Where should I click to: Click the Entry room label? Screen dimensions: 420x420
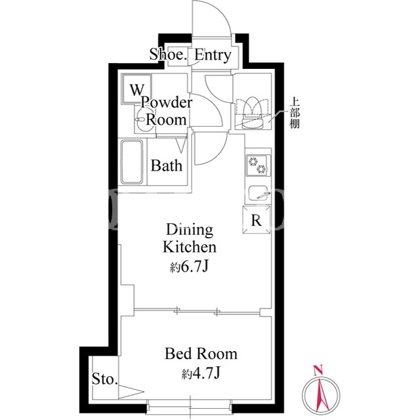pyautogui.click(x=213, y=55)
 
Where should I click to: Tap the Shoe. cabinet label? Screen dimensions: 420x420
pyautogui.click(x=168, y=54)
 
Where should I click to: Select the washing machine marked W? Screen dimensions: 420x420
pyautogui.click(x=137, y=89)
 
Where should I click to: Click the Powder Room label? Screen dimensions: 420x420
pyautogui.click(x=167, y=111)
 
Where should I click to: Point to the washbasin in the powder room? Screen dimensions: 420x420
pyautogui.click(x=144, y=119)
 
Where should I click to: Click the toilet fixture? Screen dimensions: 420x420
pyautogui.click(x=252, y=113)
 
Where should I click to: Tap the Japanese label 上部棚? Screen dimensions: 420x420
pyautogui.click(x=295, y=113)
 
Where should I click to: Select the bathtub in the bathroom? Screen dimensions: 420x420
pyautogui.click(x=132, y=162)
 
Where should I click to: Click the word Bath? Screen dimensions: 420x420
pyautogui.click(x=166, y=165)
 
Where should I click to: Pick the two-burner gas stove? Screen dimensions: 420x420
pyautogui.click(x=257, y=165)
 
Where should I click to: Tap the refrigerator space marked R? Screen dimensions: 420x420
pyautogui.click(x=257, y=219)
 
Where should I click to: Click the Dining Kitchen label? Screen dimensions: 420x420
pyautogui.click(x=190, y=238)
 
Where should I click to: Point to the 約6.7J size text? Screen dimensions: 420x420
pyautogui.click(x=189, y=266)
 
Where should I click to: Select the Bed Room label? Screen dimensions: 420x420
pyautogui.click(x=201, y=354)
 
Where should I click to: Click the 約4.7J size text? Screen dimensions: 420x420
pyautogui.click(x=201, y=373)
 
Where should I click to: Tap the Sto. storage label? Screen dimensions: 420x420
pyautogui.click(x=105, y=379)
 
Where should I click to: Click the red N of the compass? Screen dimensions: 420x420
pyautogui.click(x=318, y=370)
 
